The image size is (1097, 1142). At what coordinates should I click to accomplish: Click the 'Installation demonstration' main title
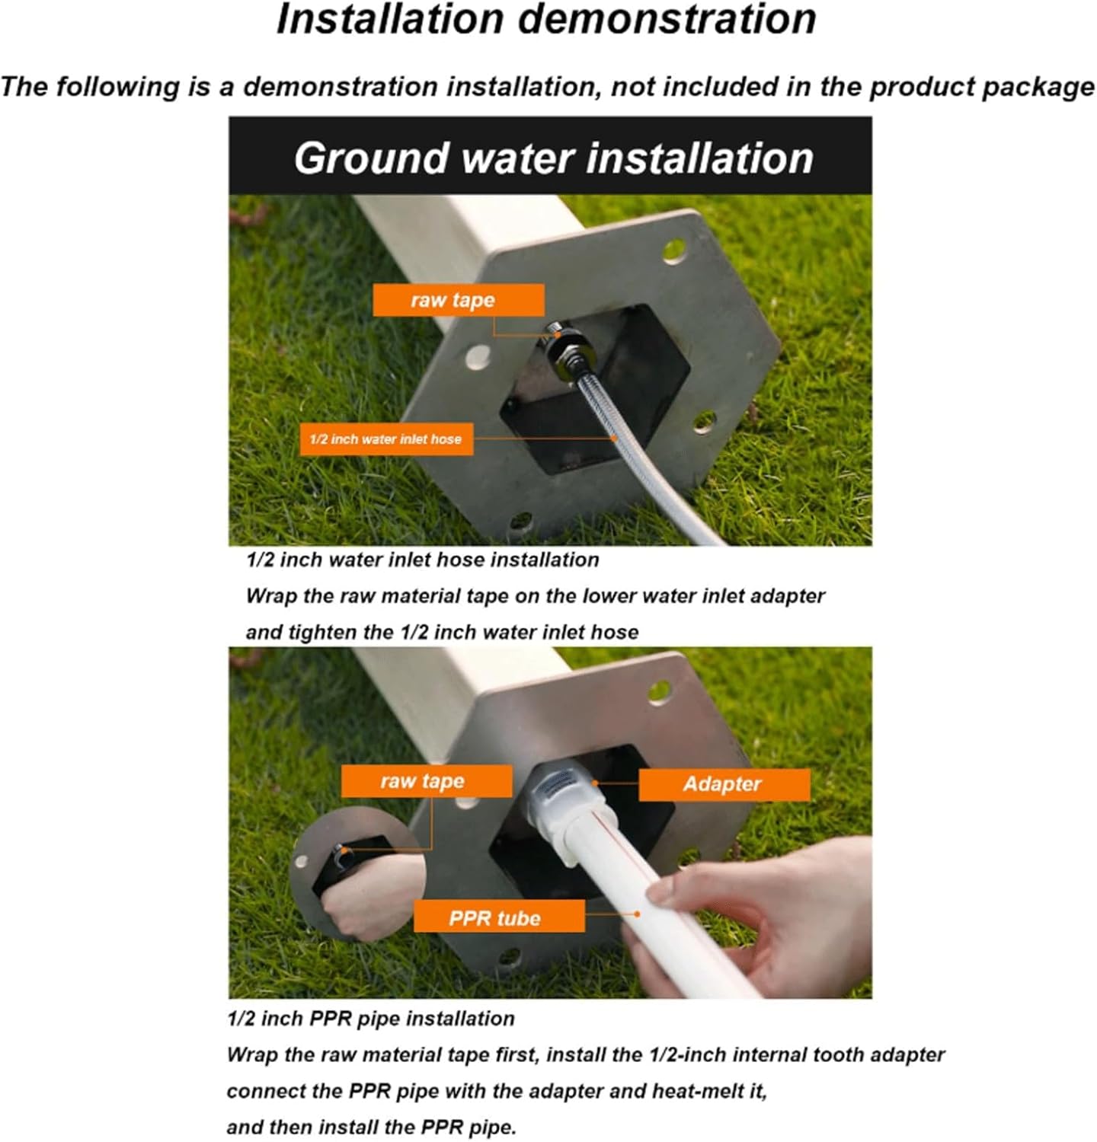pos(546,20)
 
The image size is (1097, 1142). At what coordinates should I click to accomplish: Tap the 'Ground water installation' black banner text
pos(554,158)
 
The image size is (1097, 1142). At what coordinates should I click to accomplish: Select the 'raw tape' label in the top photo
pos(458,300)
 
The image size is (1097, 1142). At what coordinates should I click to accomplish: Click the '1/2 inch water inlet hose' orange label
pos(386,439)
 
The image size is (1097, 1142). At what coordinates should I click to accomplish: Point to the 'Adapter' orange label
pos(723,784)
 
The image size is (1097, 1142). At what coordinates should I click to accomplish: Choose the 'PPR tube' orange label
pos(498,917)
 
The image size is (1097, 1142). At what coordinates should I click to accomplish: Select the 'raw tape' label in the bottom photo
pos(426,782)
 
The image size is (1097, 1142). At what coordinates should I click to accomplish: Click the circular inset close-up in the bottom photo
pos(347,876)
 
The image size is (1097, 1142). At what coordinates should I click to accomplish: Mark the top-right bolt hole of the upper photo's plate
pos(674,250)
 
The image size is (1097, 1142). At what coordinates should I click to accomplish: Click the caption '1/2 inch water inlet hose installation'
pos(422,560)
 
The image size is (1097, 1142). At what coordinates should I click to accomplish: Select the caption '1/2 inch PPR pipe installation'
pos(370,1019)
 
